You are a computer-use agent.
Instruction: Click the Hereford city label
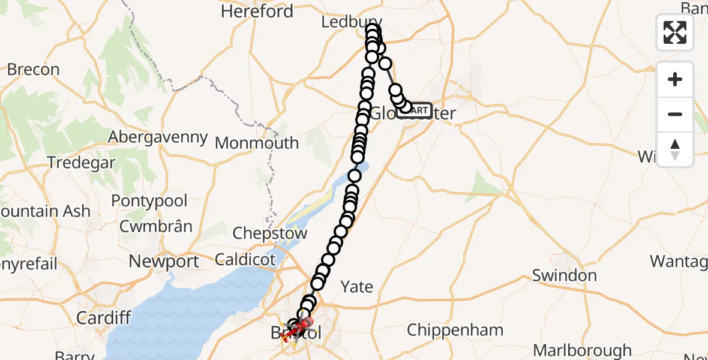coord(257,11)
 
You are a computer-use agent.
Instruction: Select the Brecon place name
coord(33,70)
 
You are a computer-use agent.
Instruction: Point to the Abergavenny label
coord(158,137)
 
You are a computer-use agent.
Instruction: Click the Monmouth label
coord(257,143)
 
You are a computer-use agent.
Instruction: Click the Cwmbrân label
coord(156,226)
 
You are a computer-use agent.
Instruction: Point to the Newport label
coord(164,262)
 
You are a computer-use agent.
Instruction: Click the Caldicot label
coord(245,260)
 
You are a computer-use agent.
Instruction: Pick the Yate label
coord(356,287)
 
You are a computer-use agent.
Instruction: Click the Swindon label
coord(565,275)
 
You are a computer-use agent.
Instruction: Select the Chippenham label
coord(455,330)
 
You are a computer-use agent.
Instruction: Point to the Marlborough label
coord(582,350)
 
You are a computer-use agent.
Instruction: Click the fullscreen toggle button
coord(675,32)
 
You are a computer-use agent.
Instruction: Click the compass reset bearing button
coord(675,149)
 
